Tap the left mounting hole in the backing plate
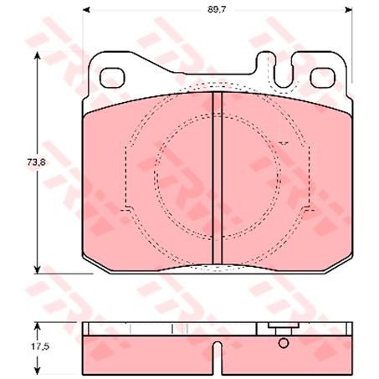(x=112, y=77)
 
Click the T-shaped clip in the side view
(x=276, y=329)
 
